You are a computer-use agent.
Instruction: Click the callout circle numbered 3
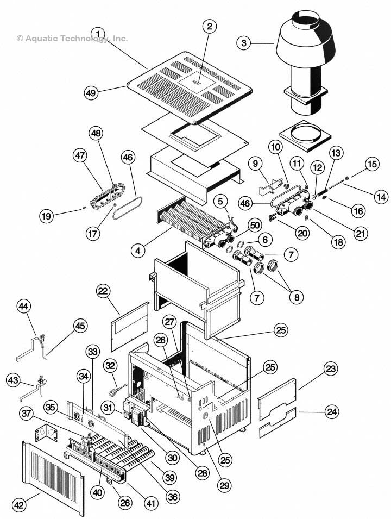(245, 42)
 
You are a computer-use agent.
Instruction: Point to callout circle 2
(210, 26)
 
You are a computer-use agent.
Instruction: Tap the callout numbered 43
(14, 380)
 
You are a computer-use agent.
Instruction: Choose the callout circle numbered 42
(19, 505)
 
